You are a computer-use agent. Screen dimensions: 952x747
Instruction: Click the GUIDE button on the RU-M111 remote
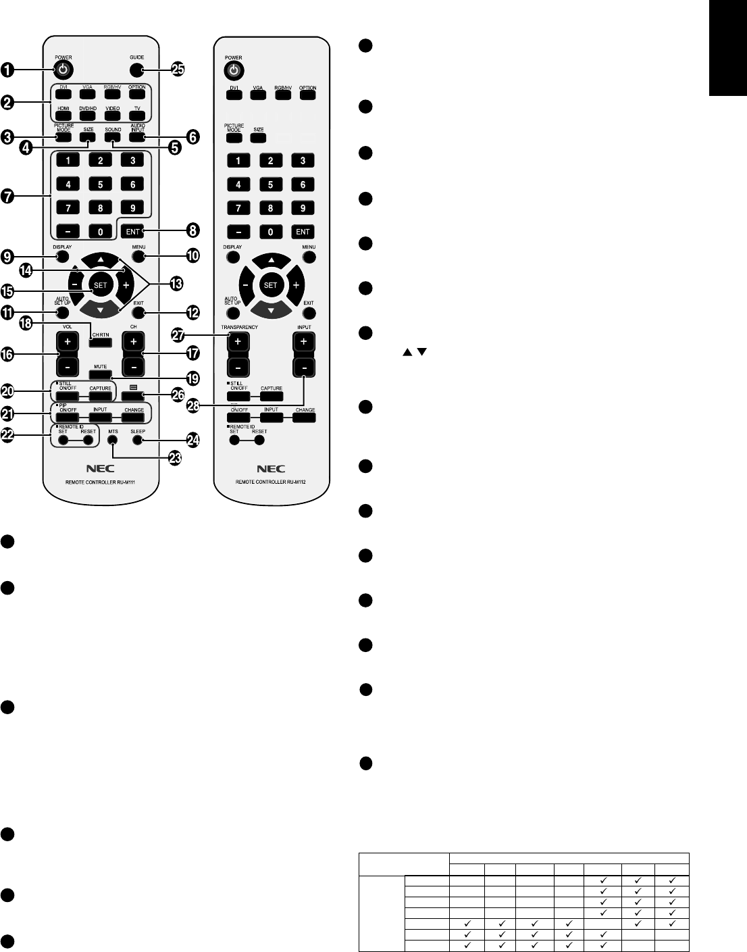point(137,70)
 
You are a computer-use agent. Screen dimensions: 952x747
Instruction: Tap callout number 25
point(178,70)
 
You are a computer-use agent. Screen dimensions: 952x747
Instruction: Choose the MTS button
point(113,440)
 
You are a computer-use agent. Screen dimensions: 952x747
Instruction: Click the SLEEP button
point(138,440)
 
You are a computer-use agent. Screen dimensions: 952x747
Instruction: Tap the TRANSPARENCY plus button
point(238,342)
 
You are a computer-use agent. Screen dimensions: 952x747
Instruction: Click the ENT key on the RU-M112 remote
point(302,232)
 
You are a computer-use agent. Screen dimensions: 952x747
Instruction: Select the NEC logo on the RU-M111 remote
point(100,468)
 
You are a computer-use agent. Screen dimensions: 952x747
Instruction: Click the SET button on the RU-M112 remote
point(270,285)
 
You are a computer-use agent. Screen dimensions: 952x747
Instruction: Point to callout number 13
point(177,284)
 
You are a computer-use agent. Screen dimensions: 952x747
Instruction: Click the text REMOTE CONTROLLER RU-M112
point(270,482)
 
